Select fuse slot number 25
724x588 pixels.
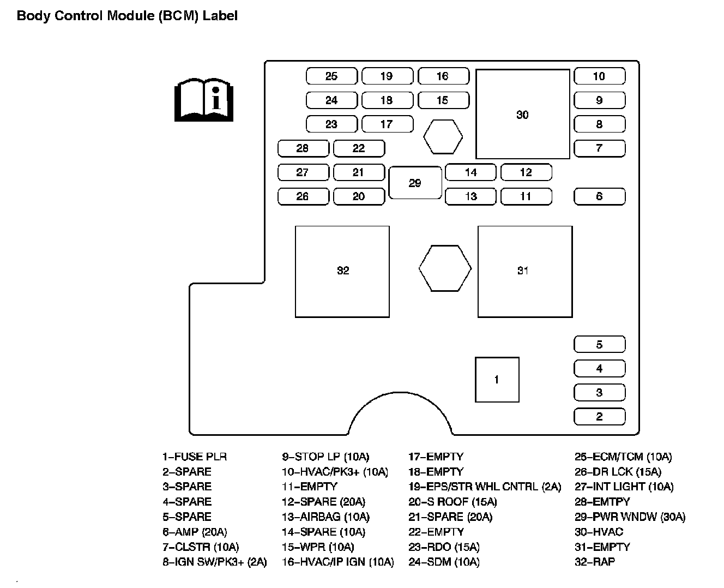click(331, 76)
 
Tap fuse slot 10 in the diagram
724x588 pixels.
click(599, 76)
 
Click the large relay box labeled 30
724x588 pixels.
click(522, 115)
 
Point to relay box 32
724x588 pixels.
click(342, 271)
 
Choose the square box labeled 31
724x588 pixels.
click(524, 271)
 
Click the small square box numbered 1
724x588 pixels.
click(497, 380)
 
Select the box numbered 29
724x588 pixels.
click(415, 183)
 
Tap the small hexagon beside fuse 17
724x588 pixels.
click(443, 137)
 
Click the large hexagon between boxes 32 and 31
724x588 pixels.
click(445, 268)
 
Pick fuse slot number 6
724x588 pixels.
click(599, 196)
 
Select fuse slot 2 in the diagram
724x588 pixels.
click(599, 417)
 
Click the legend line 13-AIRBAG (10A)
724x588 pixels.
click(325, 517)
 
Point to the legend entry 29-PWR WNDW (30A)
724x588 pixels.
click(630, 517)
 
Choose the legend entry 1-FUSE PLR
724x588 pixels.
click(194, 457)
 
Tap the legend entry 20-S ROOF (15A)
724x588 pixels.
click(452, 501)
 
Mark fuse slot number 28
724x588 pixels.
click(303, 148)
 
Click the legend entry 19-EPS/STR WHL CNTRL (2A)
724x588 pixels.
click(484, 487)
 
